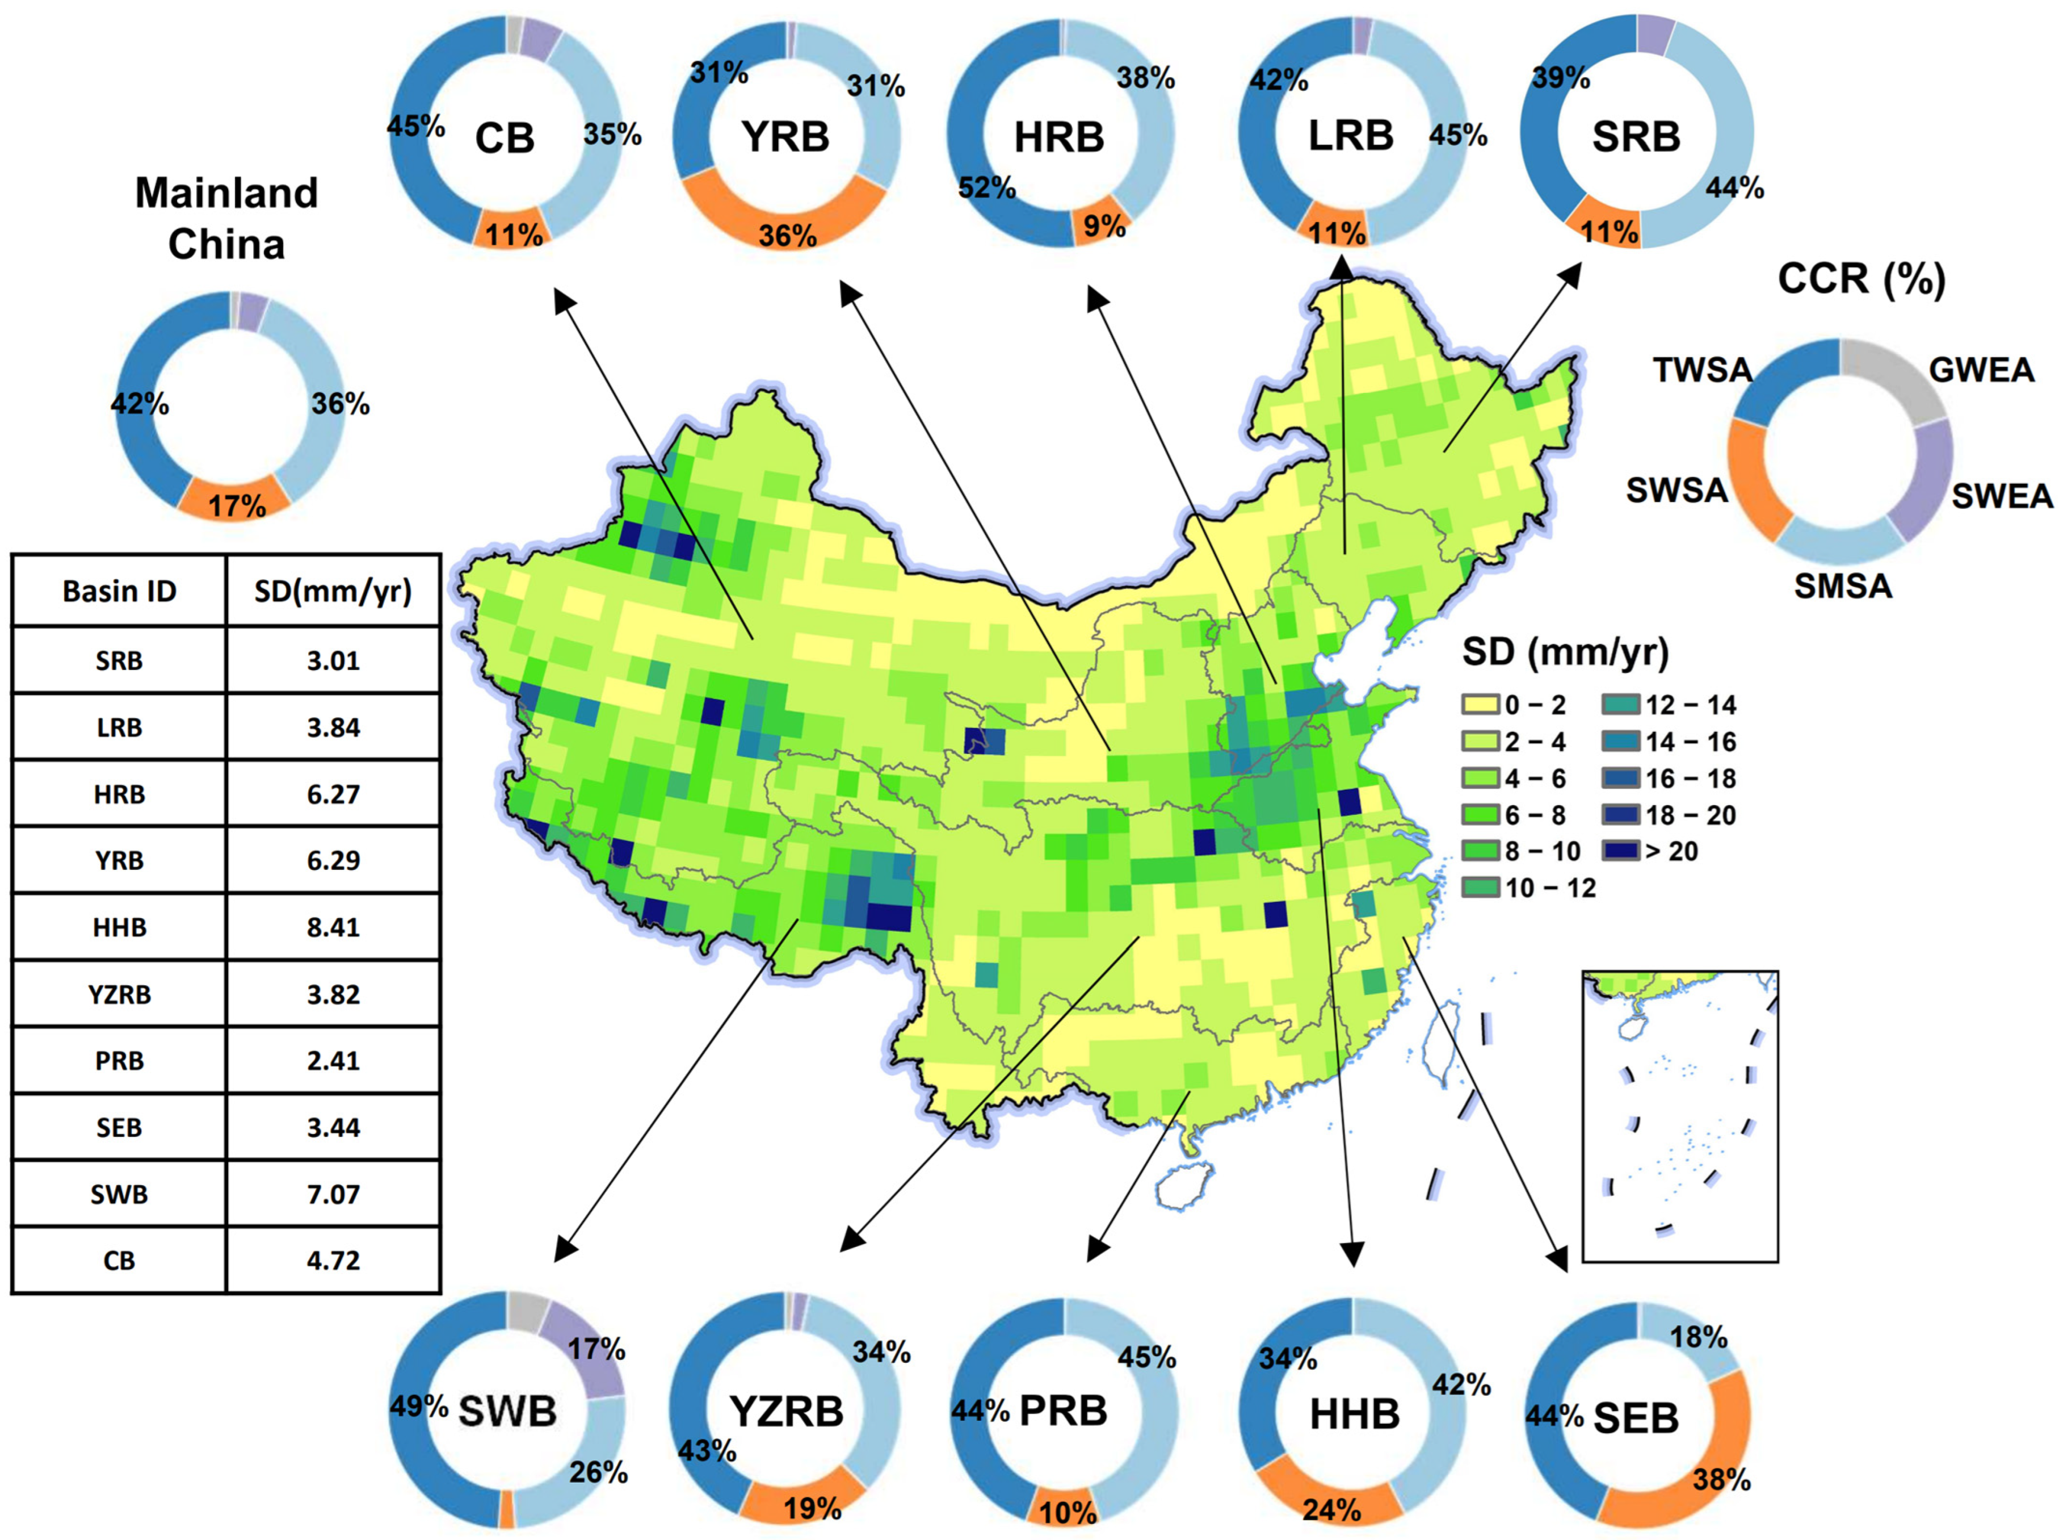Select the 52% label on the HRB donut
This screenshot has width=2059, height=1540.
[x=987, y=188]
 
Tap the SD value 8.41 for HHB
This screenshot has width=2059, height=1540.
[x=333, y=927]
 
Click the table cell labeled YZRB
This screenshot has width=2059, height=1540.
[x=119, y=994]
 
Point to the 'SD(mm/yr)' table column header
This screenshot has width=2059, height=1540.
[x=333, y=591]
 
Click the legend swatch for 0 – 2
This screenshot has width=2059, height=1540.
[x=1480, y=705]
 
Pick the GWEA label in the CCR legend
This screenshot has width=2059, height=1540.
[x=1981, y=371]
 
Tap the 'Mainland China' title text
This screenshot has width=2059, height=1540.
[x=226, y=219]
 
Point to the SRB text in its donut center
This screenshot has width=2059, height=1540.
[x=1636, y=137]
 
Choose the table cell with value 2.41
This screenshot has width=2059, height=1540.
[x=333, y=1061]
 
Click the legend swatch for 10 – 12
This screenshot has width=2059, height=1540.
[x=1480, y=888]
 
